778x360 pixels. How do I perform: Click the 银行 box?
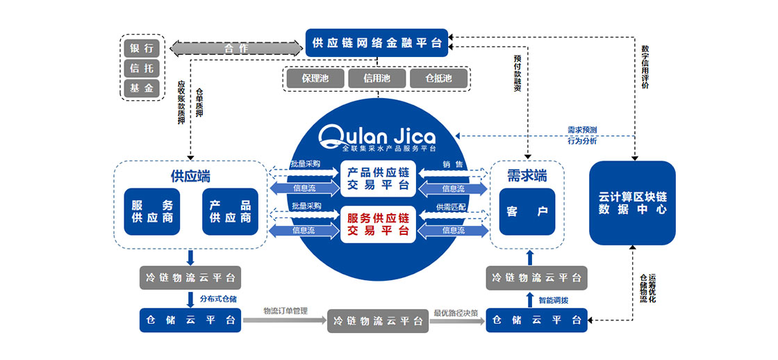[x=142, y=49]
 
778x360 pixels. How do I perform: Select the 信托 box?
[x=142, y=68]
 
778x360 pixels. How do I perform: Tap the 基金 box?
[x=142, y=88]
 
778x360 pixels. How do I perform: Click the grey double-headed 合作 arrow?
[x=236, y=49]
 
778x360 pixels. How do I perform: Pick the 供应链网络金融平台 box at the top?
[x=377, y=43]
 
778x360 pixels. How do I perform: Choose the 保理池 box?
[x=315, y=79]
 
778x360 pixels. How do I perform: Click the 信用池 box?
[x=376, y=79]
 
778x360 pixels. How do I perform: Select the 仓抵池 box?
[x=438, y=79]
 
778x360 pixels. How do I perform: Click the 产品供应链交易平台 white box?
[x=378, y=179]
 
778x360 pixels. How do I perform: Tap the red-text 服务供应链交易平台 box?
[x=378, y=224]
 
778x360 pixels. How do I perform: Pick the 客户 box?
[x=529, y=211]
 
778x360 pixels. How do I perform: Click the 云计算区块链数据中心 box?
[x=632, y=202]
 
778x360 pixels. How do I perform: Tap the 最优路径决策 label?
[x=456, y=312]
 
